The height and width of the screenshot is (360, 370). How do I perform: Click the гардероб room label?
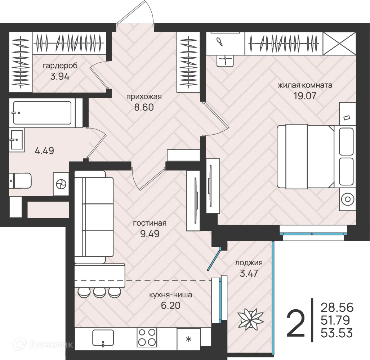click(x=60, y=66)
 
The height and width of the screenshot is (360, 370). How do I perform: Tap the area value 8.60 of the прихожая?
click(x=144, y=107)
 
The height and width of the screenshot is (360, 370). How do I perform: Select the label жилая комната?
click(x=305, y=85)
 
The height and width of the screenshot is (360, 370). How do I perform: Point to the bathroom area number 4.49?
click(x=44, y=150)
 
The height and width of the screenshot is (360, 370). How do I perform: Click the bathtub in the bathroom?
click(x=42, y=113)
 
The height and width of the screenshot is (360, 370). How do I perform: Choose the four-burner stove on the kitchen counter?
click(x=147, y=338)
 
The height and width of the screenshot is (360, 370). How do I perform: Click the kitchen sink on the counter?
click(x=103, y=337)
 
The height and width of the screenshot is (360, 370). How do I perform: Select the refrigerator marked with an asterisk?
click(x=188, y=339)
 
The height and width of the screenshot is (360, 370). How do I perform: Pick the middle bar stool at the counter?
click(x=99, y=292)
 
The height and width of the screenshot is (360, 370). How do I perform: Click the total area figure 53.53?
click(x=337, y=333)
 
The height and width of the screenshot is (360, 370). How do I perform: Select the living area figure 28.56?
click(x=337, y=307)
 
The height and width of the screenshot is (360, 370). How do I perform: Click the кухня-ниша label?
click(x=171, y=295)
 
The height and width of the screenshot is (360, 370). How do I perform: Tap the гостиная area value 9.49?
click(x=150, y=234)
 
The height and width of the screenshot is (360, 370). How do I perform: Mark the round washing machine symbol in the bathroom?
click(x=61, y=184)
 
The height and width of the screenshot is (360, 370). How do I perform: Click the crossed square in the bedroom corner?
click(x=339, y=44)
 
